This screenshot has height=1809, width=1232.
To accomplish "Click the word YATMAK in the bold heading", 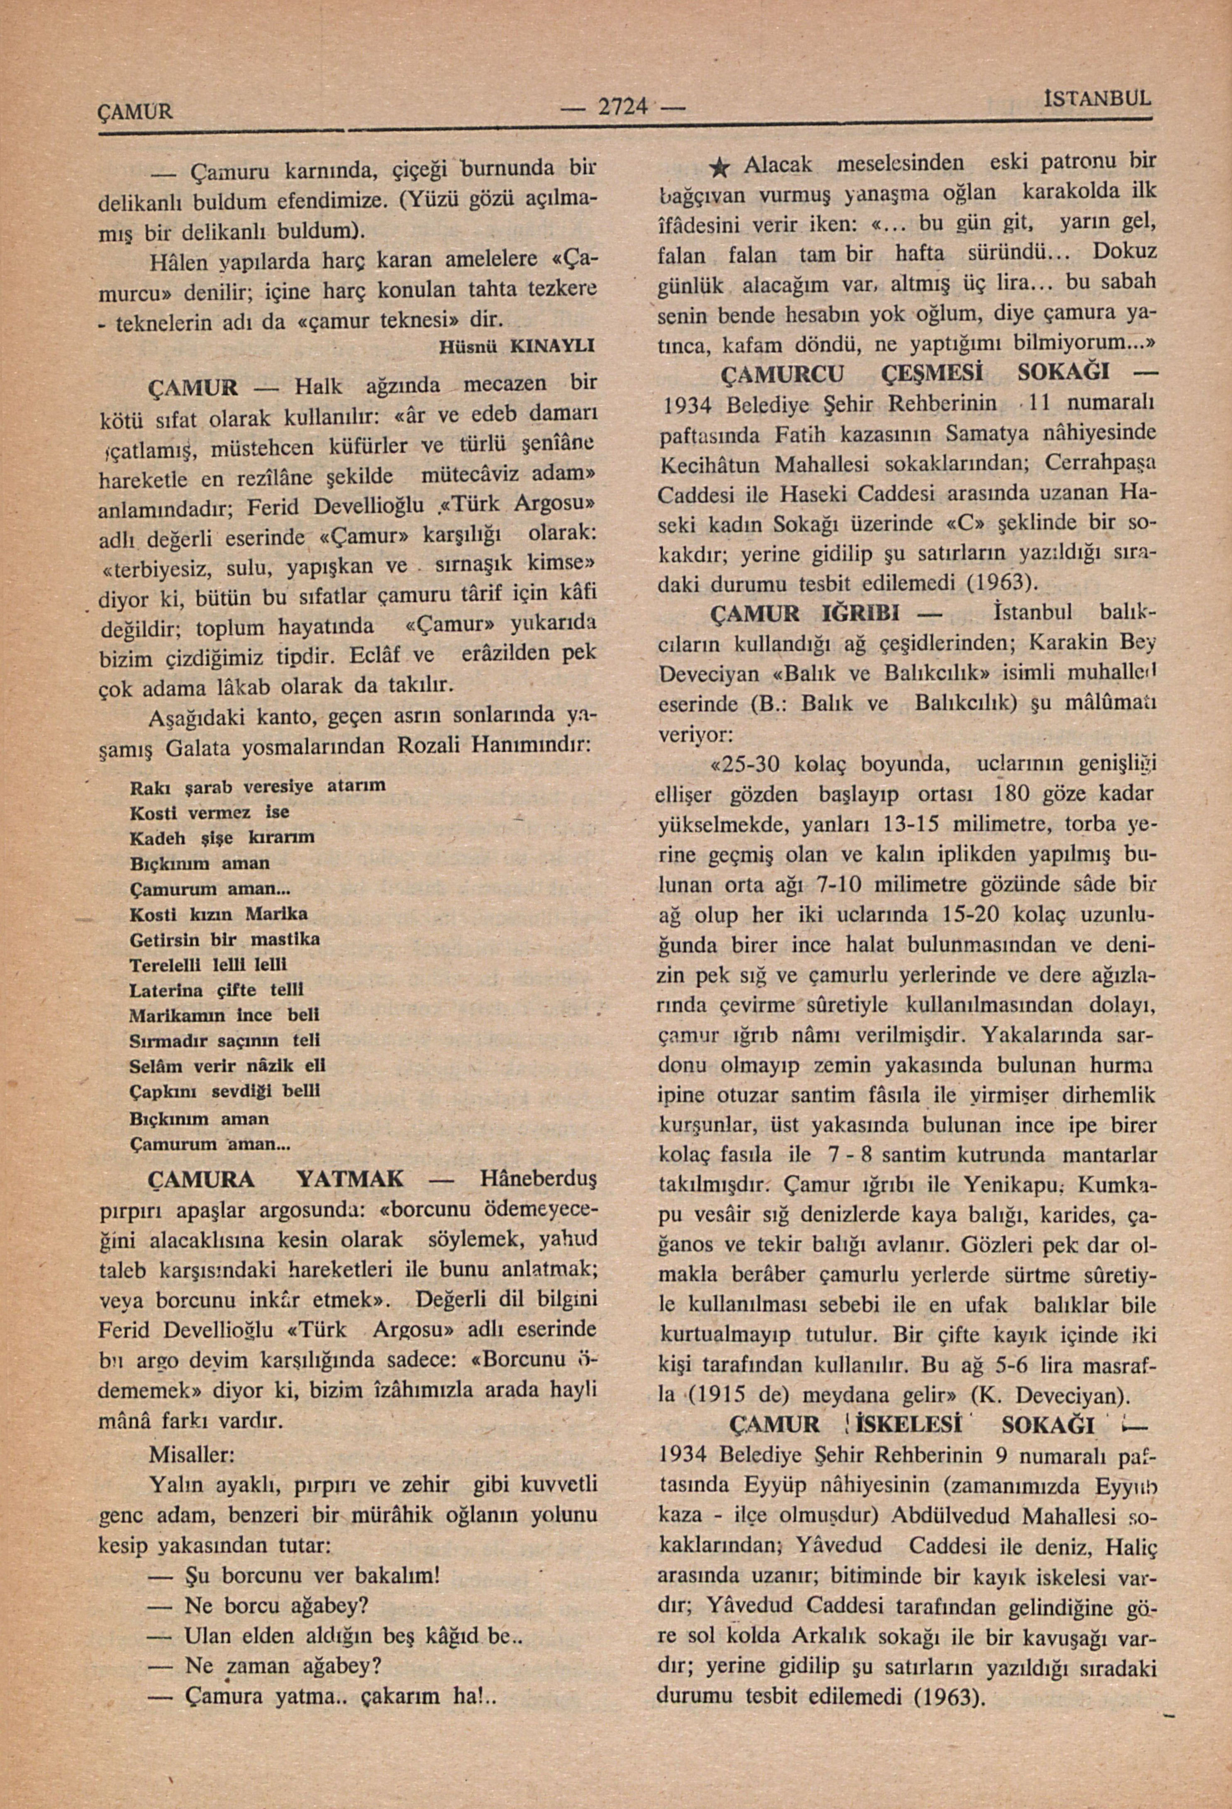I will pyautogui.click(x=351, y=1179).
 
